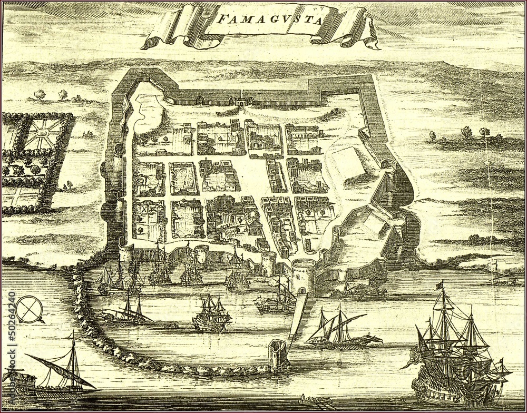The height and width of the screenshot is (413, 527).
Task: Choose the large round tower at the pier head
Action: click(303, 275)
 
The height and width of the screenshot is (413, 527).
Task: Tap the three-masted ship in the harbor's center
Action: click(211, 315)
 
